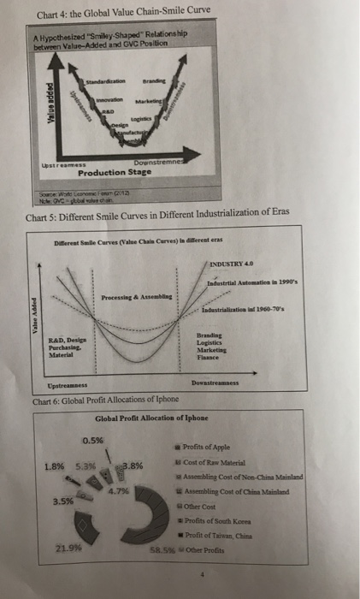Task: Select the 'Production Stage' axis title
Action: coord(109,171)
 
